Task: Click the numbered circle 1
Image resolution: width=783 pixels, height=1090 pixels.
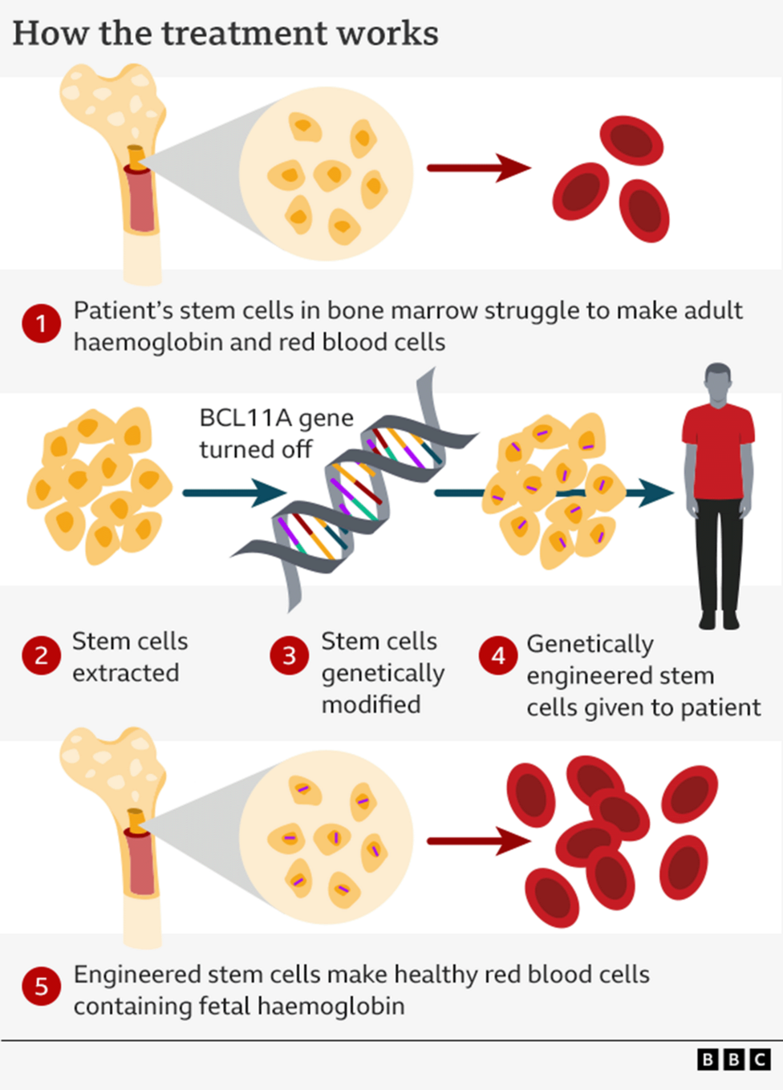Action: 41,325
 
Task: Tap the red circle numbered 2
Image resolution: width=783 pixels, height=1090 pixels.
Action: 41,656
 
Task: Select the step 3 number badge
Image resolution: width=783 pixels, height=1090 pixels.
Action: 290,656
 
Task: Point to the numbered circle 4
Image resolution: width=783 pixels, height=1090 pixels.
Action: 498,656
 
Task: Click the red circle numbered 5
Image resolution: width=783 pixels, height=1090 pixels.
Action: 41,987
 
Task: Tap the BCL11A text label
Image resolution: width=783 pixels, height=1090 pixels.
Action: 245,418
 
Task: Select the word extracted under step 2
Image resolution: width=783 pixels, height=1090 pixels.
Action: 126,673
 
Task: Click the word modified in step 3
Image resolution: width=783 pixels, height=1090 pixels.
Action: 371,704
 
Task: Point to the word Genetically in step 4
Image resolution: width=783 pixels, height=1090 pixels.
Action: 590,644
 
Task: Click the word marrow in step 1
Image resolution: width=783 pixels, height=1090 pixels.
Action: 436,310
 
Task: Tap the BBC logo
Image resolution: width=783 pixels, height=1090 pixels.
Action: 733,1060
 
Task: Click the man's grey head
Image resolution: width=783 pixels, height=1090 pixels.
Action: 718,382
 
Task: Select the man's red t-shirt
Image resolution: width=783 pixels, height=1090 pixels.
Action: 718,453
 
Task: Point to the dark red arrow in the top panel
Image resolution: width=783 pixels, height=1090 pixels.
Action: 478,168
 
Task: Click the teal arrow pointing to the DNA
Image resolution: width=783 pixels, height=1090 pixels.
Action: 233,492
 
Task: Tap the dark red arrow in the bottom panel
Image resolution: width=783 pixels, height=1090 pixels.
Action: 478,841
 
